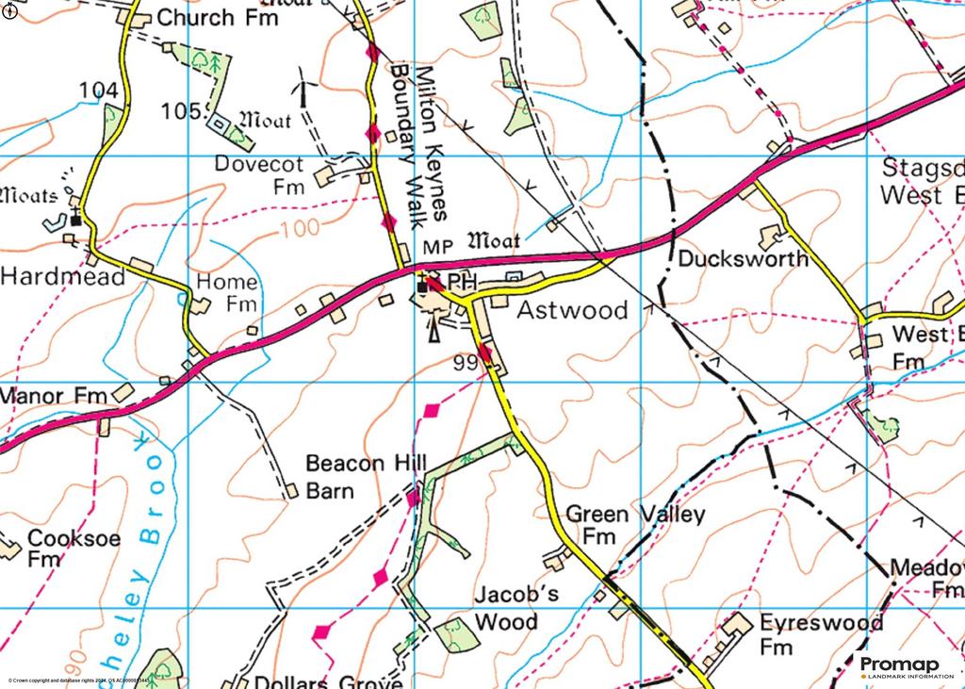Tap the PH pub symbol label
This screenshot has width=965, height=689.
457,283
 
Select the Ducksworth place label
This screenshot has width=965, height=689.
743,258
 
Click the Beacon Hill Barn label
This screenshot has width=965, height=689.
366,476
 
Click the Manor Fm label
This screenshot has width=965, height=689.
54,396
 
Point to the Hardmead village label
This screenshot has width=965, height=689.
62,277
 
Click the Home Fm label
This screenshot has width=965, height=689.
227,292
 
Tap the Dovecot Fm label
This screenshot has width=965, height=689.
259,174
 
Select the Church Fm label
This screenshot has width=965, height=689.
217,17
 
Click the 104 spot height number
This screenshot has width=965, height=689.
99,90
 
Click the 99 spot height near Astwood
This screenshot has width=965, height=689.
465,362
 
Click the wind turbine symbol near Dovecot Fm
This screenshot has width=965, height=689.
304,87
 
